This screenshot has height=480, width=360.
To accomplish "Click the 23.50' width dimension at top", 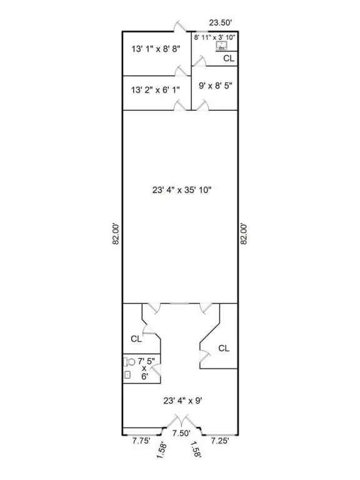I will click(x=221, y=23).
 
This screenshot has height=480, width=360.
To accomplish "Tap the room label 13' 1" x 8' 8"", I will click(x=156, y=49).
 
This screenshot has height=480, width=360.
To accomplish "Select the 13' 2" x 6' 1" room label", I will click(x=156, y=89).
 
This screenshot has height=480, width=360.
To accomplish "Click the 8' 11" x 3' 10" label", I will click(x=214, y=38).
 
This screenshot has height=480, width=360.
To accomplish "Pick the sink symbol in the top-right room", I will click(x=221, y=46).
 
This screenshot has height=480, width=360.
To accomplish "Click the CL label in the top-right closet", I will click(x=229, y=58).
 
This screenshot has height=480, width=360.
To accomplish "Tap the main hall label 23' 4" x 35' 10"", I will click(x=180, y=189).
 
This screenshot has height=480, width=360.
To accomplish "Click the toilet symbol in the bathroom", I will click(x=130, y=362).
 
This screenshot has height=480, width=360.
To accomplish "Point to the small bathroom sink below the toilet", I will click(x=128, y=375).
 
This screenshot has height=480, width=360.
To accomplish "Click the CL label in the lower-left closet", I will click(x=136, y=339).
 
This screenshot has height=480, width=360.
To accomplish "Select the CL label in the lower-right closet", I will click(x=224, y=347).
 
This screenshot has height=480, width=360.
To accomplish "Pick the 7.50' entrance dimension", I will click(x=181, y=432).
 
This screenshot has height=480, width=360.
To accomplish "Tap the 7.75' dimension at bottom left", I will click(x=142, y=441).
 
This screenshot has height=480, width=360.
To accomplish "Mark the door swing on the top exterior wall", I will click(x=179, y=26).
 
